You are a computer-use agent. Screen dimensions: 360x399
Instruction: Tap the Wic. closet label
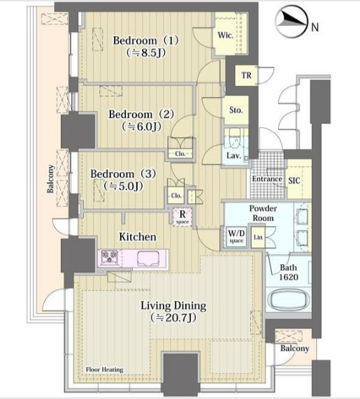(x=225, y=35)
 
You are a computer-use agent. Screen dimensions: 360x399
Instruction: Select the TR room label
(x=246, y=75)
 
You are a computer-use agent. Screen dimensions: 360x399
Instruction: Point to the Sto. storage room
(x=236, y=110)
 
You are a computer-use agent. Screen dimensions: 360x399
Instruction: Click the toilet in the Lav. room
(x=234, y=138)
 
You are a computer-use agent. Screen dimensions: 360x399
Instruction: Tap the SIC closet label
(x=294, y=181)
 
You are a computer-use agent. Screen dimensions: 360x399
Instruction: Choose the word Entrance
(x=267, y=179)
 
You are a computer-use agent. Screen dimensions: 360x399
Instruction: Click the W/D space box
(x=236, y=237)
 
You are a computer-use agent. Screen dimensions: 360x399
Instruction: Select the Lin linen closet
(x=258, y=237)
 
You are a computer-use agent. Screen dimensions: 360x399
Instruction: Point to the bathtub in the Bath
(x=288, y=300)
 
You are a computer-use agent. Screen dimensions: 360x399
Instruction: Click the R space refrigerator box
(x=182, y=217)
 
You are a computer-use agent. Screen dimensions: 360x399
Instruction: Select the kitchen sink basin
(x=149, y=259)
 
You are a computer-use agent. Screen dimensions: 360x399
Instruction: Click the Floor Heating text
(x=105, y=370)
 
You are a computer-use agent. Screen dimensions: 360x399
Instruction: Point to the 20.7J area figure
(x=173, y=318)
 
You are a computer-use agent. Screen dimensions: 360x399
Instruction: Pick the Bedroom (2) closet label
(x=180, y=154)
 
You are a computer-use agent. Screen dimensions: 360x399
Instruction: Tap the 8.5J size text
(x=146, y=52)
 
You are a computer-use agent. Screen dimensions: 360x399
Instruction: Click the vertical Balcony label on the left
(x=50, y=178)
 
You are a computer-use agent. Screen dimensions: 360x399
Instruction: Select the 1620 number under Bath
(x=289, y=277)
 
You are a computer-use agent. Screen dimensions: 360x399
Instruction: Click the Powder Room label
(x=263, y=213)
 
